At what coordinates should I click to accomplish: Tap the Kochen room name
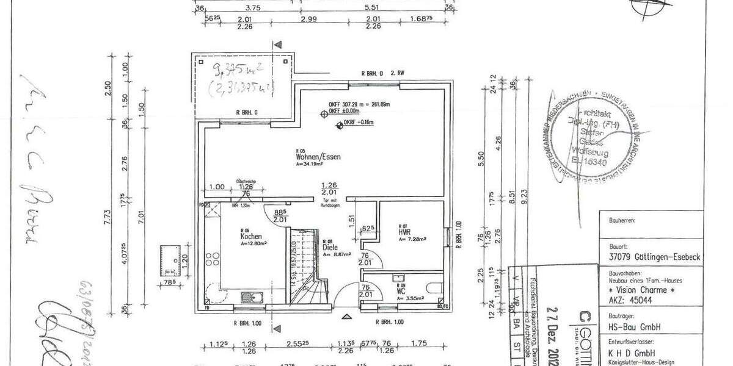[251, 236]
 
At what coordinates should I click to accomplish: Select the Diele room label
[330, 248]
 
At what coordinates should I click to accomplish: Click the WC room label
[401, 291]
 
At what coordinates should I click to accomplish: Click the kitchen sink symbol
[252, 297]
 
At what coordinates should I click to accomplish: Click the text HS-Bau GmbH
[626, 328]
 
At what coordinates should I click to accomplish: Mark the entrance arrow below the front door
[348, 316]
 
